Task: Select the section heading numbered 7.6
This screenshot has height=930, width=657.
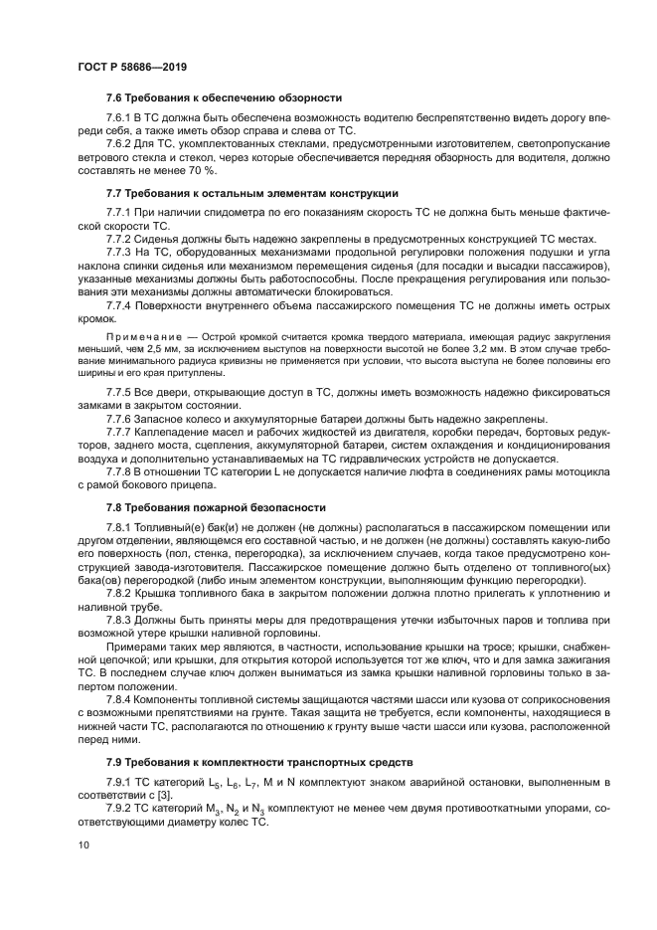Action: tap(224, 97)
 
